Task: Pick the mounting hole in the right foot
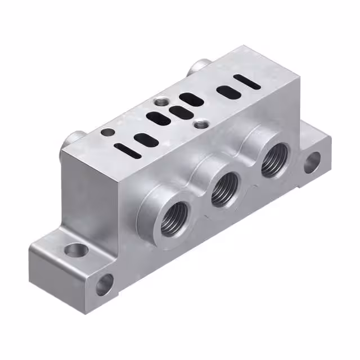[312, 163]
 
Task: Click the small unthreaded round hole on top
[107, 133]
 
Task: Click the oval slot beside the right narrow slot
[226, 91]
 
